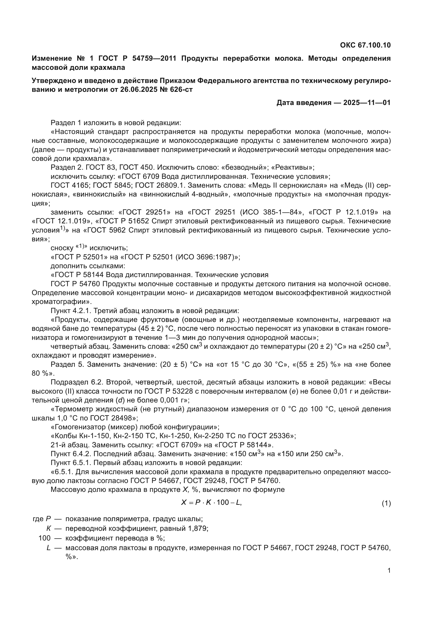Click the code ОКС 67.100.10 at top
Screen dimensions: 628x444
[x=365, y=45]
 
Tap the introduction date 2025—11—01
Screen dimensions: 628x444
[x=367, y=103]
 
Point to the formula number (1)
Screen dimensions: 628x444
[x=386, y=503]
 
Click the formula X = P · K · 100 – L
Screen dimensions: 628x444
[x=211, y=502]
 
